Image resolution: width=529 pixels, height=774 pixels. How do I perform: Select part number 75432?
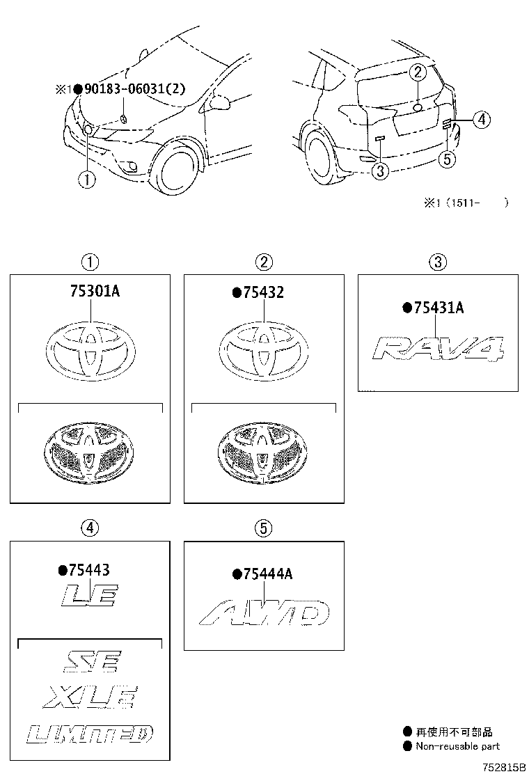point(263,293)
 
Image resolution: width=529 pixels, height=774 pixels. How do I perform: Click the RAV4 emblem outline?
point(438,347)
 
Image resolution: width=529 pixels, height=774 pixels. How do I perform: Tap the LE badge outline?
point(90,595)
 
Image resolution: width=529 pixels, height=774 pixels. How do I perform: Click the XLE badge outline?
point(90,696)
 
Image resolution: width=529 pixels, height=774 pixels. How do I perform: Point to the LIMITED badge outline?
point(90,733)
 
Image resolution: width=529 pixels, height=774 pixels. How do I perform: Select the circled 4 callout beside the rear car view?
point(481,120)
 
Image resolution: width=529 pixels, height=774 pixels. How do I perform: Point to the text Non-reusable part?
point(457,746)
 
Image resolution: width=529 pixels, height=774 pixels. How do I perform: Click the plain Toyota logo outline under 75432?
point(263,351)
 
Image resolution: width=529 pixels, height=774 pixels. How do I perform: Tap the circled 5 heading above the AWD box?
point(263,529)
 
